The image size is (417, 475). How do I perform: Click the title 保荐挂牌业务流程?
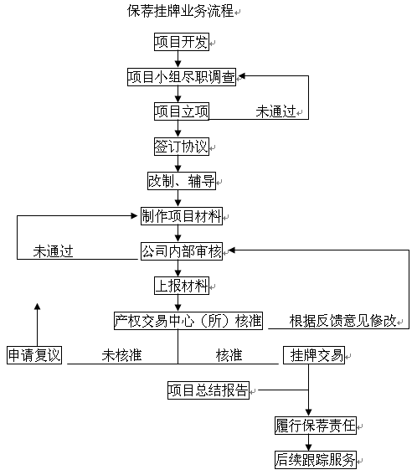pyautogui.click(x=181, y=11)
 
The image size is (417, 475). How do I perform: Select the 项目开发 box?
pyautogui.click(x=182, y=42)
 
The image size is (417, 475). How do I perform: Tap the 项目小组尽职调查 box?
pyautogui.click(x=182, y=77)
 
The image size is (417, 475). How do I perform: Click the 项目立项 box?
pyautogui.click(x=182, y=111)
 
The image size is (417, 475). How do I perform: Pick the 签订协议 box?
pyautogui.click(x=182, y=147)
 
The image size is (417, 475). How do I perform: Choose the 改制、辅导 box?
pyautogui.click(x=182, y=181)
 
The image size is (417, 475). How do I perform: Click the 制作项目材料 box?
pyautogui.click(x=182, y=216)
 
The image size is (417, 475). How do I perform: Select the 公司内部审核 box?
pyautogui.click(x=182, y=251)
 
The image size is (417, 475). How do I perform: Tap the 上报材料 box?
pyautogui.click(x=182, y=286)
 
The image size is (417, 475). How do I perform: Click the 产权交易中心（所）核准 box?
pyautogui.click(x=188, y=321)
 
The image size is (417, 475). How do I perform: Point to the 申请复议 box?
pyautogui.click(x=34, y=355)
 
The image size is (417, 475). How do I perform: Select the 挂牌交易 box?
pyautogui.click(x=314, y=355)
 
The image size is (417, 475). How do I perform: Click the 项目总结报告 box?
pyautogui.click(x=208, y=390)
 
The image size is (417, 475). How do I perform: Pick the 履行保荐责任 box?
pyautogui.click(x=315, y=426)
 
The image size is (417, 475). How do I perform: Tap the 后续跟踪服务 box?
pyautogui.click(x=315, y=460)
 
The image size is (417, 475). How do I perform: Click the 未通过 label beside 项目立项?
pyautogui.click(x=275, y=111)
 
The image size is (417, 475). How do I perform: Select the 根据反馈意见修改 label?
pyautogui.click(x=342, y=321)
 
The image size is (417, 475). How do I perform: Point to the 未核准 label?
pyautogui.click(x=121, y=355)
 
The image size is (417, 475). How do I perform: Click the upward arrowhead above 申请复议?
pyautogui.click(x=37, y=307)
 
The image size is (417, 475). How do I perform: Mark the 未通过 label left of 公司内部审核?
pyautogui.click(x=53, y=251)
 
